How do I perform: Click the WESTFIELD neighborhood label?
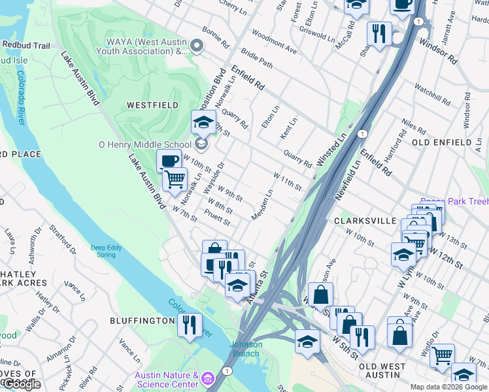pyautogui.click(x=144, y=105)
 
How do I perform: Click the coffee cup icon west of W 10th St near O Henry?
pyautogui.click(x=169, y=161)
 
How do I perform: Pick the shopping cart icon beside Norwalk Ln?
pyautogui.click(x=174, y=178)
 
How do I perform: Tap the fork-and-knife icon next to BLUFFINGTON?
pyautogui.click(x=190, y=325)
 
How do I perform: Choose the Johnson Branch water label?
pyautogui.click(x=246, y=349)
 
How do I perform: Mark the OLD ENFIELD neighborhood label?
pyautogui.click(x=442, y=142)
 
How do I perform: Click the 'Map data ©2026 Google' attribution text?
pyautogui.click(x=448, y=387)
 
